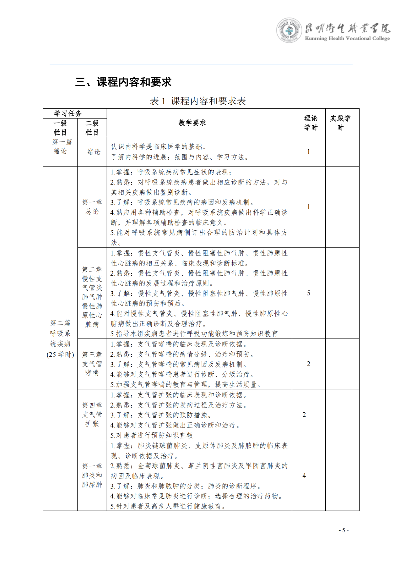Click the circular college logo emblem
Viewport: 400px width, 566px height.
289,30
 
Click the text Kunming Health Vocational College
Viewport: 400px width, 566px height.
347,38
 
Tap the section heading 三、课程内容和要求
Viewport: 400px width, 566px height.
123,82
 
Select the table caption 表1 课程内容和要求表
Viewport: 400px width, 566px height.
198,101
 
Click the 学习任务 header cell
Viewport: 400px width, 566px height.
68,113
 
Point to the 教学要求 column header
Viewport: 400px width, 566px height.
192,123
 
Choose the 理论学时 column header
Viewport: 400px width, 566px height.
311,123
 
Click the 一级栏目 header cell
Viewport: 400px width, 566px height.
60,128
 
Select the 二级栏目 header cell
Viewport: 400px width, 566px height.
92,128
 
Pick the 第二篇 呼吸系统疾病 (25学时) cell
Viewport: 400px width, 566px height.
60,339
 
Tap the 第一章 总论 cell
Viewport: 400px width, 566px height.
92,207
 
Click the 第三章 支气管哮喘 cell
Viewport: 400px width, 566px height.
92,364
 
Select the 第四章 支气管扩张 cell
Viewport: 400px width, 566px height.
92,414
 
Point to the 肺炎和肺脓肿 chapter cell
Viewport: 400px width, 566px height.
92,475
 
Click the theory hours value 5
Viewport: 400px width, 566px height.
309,293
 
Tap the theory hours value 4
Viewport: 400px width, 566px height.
304,475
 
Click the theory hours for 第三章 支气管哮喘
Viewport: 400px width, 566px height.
309,364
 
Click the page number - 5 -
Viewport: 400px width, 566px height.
343,530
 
